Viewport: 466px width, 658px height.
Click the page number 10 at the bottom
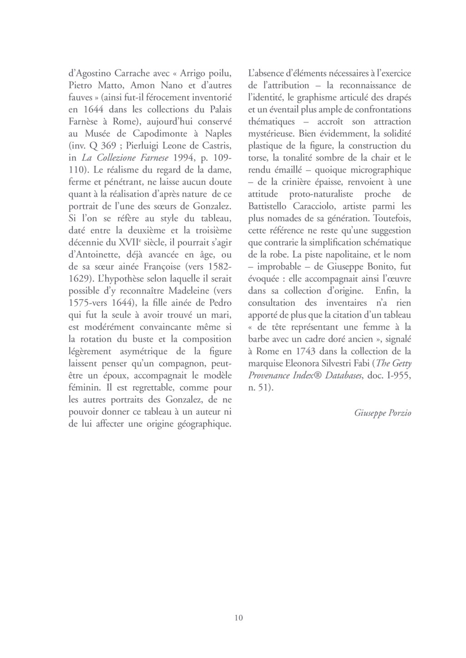238,617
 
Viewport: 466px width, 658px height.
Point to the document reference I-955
395,376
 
